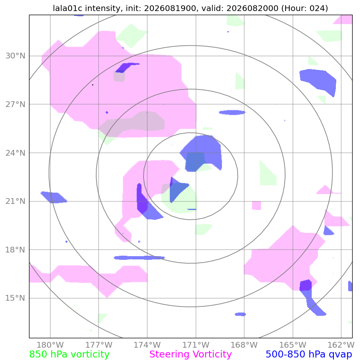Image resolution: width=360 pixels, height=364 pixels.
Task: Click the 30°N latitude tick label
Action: pos(15,56)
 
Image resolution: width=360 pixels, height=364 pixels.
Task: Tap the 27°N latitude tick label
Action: pos(15,105)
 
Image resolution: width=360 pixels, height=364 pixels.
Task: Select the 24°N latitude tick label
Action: pos(15,153)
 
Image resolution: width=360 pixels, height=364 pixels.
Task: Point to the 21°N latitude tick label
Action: pos(15,201)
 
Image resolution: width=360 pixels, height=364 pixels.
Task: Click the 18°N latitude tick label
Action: pos(15,250)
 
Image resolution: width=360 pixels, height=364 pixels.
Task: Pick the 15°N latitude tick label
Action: pos(15,298)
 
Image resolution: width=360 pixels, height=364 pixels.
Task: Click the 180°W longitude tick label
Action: pos(50,345)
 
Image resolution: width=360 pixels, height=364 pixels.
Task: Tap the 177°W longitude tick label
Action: pos(99,345)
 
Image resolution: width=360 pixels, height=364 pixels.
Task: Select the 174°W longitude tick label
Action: pos(147,345)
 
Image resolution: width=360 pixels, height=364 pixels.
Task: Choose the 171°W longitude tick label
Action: pos(196,345)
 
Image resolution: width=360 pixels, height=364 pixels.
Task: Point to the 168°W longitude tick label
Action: pos(244,345)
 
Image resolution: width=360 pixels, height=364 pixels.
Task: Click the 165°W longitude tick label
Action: pos(292,345)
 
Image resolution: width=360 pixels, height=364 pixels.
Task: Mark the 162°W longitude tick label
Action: pos(341,345)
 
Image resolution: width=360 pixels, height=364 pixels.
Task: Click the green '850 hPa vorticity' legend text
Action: pos(69,355)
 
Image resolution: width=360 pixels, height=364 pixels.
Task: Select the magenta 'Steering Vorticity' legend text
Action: pos(191,355)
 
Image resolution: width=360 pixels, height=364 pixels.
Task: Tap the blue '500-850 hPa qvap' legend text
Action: pos(309,355)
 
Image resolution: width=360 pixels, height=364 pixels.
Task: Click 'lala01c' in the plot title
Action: pos(68,8)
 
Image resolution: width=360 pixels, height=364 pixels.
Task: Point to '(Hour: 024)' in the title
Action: pos(305,8)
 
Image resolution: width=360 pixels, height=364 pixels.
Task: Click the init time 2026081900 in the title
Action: pos(170,8)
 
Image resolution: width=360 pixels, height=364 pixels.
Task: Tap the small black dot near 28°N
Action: pos(93,85)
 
